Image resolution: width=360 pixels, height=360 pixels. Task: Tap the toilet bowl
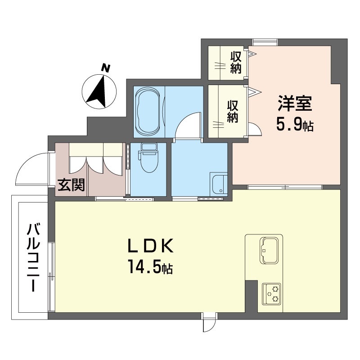[148, 158]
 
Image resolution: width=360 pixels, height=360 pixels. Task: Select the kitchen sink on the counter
[269, 250]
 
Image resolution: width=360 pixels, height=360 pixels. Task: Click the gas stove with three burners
[271, 294]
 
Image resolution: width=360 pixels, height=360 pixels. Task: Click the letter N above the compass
[106, 68]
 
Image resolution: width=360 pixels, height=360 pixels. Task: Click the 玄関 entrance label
[71, 185]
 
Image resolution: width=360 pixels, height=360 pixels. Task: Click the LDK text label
[150, 246]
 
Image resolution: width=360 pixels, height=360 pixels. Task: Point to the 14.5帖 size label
[150, 266]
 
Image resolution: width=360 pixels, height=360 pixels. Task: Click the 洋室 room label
[295, 103]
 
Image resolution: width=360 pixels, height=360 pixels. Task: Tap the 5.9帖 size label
[295, 125]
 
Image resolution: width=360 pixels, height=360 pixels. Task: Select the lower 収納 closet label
[233, 111]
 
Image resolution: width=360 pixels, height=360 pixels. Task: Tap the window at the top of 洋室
[265, 42]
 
